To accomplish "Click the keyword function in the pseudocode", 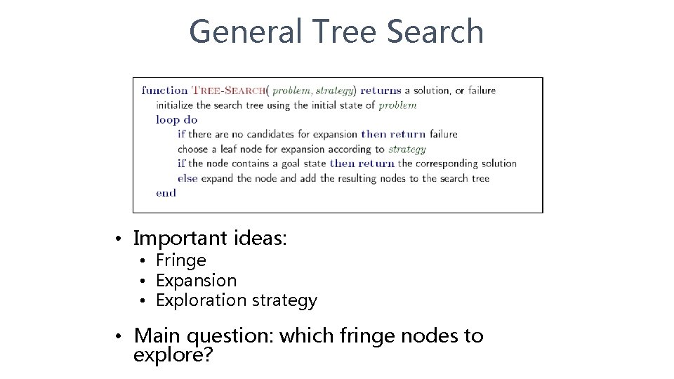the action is click(164, 90).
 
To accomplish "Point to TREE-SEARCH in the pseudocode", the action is click(229, 91).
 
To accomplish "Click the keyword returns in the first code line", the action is click(381, 90).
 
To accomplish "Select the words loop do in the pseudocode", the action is click(176, 119).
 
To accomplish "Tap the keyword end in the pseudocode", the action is click(166, 192).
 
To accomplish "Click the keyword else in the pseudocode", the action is click(187, 178).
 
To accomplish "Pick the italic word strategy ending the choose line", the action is click(407, 149).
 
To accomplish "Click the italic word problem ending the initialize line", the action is click(397, 105).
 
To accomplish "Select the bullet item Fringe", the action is click(181, 260).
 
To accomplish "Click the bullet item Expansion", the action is click(197, 281).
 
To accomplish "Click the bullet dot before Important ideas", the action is click(121, 239).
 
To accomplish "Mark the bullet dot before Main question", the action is click(121, 336).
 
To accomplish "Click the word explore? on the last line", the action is click(173, 355).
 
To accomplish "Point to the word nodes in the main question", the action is click(430, 335).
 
